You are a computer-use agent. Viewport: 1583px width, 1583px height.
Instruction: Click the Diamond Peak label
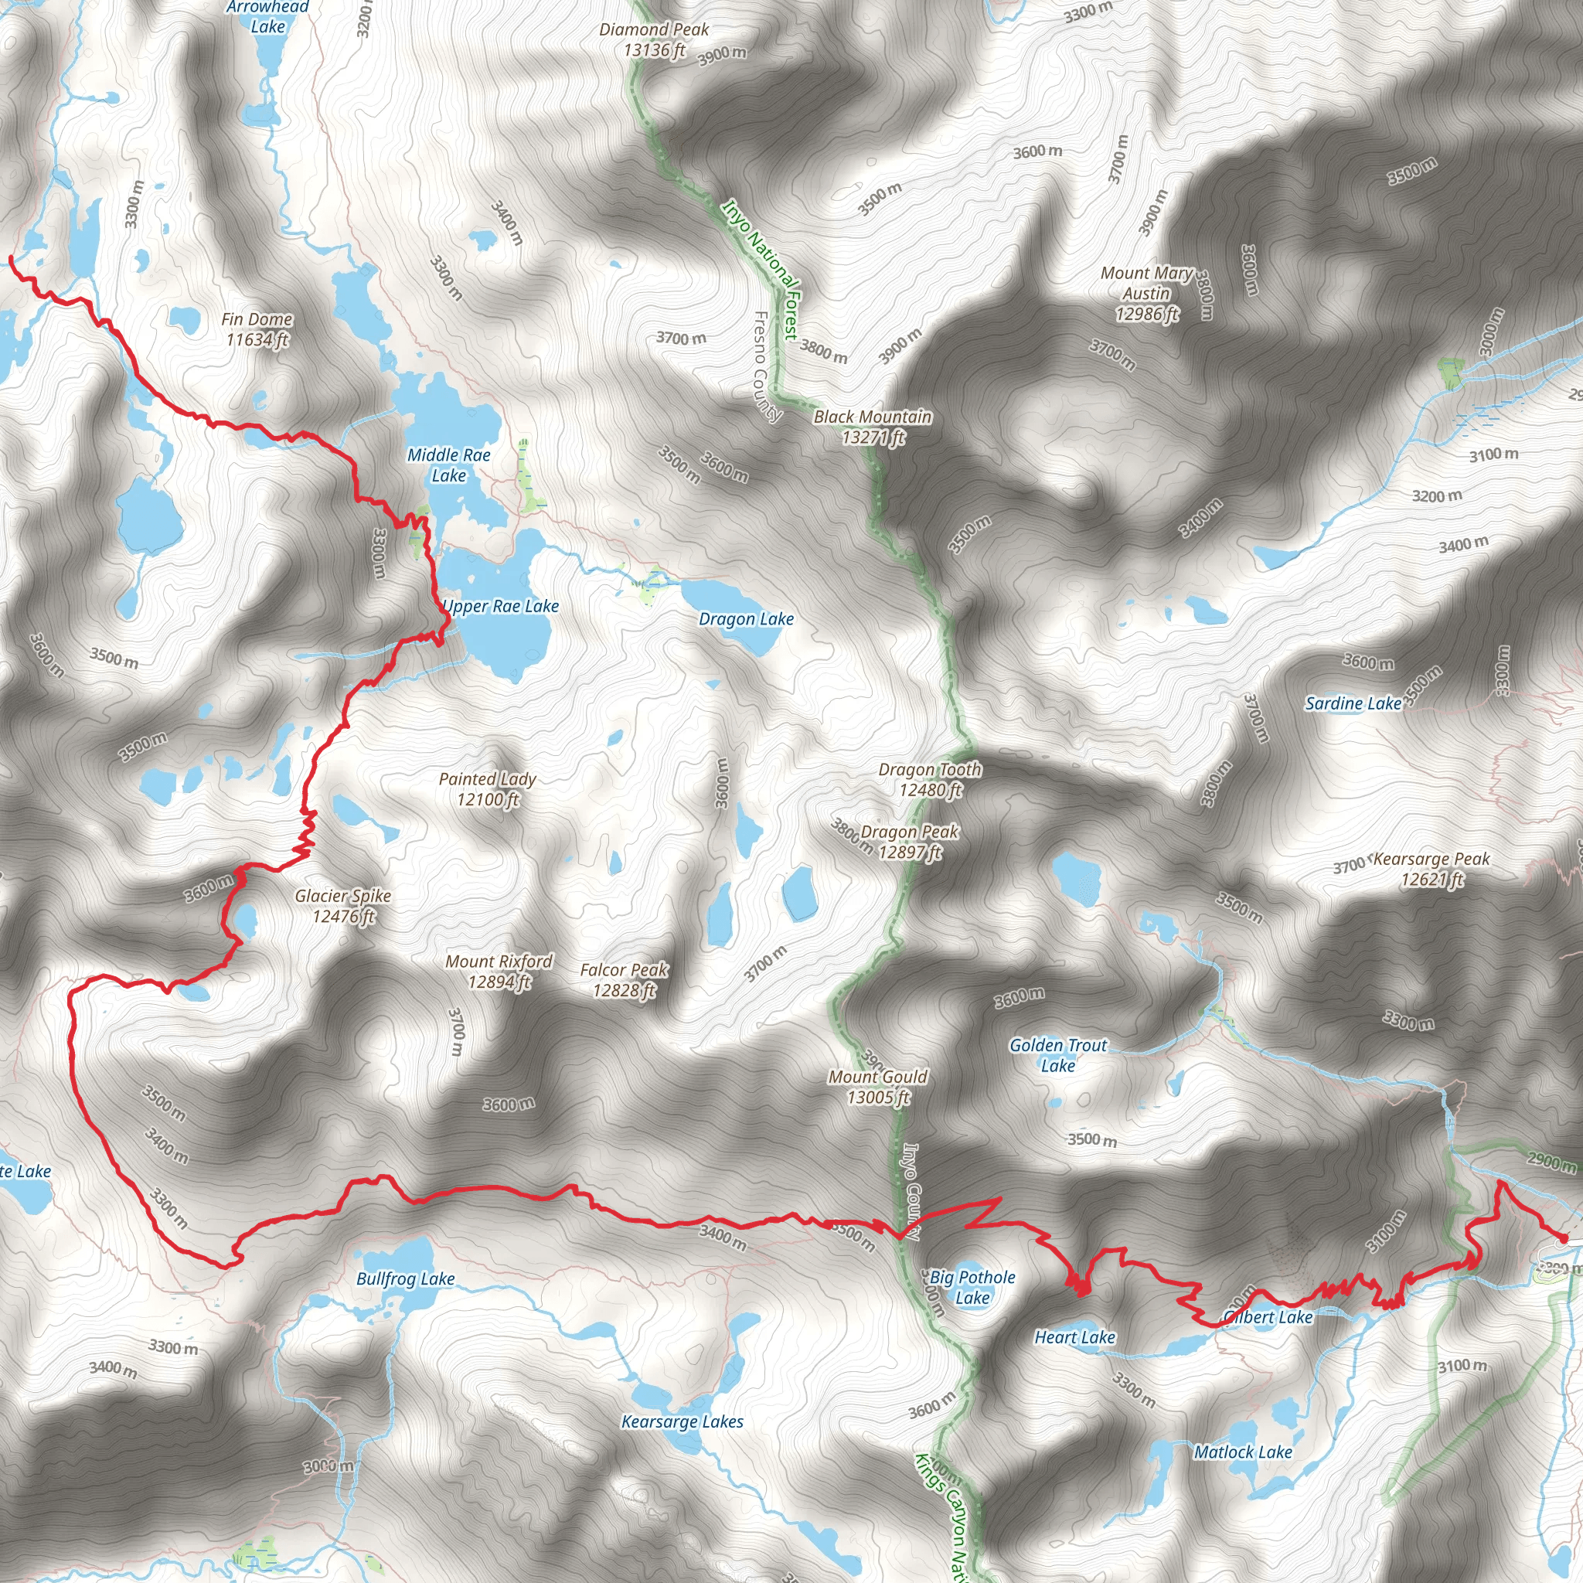[x=654, y=40]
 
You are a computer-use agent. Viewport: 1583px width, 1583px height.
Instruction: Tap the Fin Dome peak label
[x=257, y=329]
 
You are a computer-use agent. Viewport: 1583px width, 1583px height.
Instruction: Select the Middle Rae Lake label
[x=449, y=465]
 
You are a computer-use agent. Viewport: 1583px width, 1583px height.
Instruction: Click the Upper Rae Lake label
[x=501, y=607]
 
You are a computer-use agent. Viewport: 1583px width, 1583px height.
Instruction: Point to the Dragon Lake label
[x=746, y=619]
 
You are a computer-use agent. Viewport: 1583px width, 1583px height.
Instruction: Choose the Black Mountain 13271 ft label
[x=873, y=427]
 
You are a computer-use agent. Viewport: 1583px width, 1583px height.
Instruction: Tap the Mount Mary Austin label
[x=1147, y=293]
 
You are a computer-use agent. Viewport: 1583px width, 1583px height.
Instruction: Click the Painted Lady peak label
[x=488, y=789]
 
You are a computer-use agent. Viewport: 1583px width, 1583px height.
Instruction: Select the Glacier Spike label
[x=343, y=906]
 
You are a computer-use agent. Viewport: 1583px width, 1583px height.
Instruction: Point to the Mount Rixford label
[x=499, y=972]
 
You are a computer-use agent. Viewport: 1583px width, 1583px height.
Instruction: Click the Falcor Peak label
[x=625, y=980]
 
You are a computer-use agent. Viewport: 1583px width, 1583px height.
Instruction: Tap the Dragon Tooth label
[x=930, y=779]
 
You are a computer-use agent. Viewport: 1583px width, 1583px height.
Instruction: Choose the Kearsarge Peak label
[x=1432, y=870]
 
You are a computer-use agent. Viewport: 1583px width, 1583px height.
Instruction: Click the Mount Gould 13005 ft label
[x=878, y=1087]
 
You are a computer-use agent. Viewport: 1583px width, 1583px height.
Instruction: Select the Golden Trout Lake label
[x=1058, y=1055]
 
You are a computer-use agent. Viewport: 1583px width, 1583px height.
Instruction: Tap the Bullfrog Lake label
[x=406, y=1279]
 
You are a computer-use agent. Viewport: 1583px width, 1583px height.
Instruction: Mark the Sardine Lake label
[x=1353, y=704]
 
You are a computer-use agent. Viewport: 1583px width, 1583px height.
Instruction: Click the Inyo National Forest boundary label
[x=761, y=268]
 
